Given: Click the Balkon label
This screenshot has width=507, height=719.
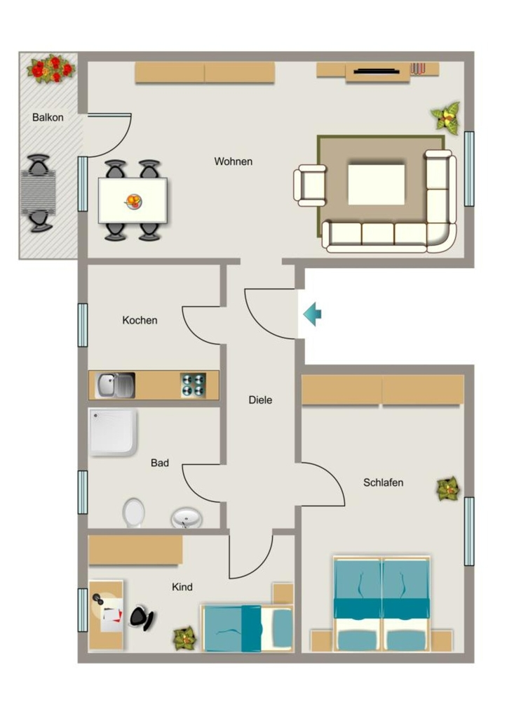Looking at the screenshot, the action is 48,117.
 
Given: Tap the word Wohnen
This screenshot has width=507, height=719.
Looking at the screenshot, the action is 233,161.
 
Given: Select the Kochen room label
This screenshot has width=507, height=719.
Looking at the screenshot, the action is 140,320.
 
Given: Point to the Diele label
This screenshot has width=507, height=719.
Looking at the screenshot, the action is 260,400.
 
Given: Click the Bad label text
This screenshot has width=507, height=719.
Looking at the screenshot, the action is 160,463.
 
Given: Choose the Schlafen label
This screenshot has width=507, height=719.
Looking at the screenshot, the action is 384,482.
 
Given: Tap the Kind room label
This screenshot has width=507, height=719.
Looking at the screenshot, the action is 182,587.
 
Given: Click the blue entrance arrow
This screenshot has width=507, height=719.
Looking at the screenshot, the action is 312,315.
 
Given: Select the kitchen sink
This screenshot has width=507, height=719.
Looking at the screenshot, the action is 115,385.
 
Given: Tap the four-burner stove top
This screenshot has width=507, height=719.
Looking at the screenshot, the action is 194,385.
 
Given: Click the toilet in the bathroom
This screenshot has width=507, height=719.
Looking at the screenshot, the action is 134,513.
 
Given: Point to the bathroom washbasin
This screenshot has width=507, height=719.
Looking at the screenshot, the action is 187,519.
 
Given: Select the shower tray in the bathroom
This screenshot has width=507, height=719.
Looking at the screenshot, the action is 113,433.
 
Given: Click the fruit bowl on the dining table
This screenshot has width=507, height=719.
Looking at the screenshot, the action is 134,202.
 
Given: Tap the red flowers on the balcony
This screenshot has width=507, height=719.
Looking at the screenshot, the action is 50,70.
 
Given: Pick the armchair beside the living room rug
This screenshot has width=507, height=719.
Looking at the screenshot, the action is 310,185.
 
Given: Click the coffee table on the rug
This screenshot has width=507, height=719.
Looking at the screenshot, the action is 377,185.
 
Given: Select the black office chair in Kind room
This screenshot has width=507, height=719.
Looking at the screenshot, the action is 142,618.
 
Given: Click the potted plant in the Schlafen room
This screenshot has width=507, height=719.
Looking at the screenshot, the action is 448,489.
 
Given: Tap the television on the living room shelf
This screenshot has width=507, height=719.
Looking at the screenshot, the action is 377,71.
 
